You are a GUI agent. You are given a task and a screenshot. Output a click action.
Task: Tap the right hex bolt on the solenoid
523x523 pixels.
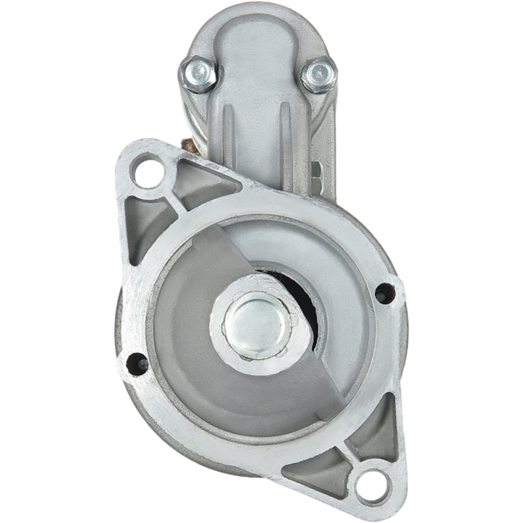click(320, 74)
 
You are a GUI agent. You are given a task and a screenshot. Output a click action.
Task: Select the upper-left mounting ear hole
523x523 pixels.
click(147, 171)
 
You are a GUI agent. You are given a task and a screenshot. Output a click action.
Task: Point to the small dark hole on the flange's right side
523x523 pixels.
click(385, 294)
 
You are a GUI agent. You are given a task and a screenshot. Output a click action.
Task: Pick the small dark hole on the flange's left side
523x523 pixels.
click(137, 363)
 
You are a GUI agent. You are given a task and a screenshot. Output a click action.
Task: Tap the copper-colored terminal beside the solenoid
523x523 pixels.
click(188, 146)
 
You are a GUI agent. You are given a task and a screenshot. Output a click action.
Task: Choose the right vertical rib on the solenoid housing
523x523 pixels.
click(285, 131)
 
